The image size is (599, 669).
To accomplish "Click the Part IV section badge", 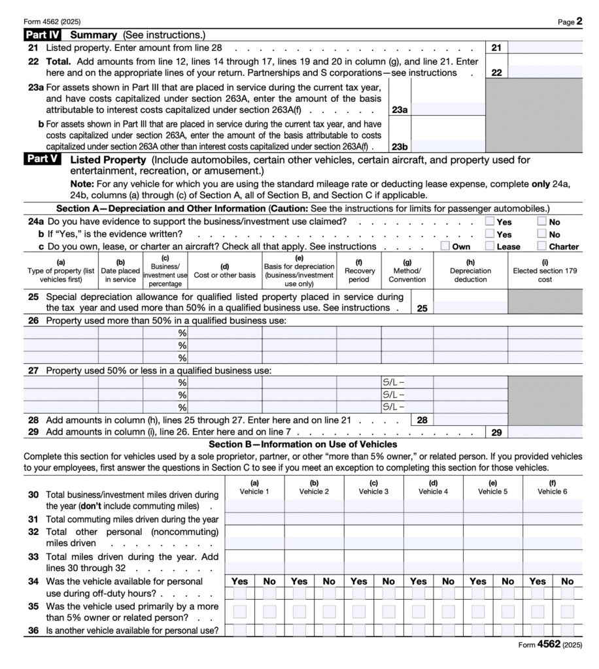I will pos(44,35).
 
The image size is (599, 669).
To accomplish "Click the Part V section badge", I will pos(43,159).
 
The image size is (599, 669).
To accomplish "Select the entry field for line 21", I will pos(545,47).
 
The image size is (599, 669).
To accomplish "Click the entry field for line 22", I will pos(545,73).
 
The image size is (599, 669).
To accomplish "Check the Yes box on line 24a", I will pos(489,221).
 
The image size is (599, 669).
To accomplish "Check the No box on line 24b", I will pos(541,234).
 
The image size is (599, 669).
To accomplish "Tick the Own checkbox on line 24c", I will pos(445,246).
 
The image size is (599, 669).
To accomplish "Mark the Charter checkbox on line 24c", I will pos(541,246).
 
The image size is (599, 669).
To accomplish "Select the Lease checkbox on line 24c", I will pos(489,246).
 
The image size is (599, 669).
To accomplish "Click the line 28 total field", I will pos(470,420).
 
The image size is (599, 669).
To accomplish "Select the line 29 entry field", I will pos(545,432).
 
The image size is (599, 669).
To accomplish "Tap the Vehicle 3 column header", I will pos(373,487).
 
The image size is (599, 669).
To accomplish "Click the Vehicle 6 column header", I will pos(552,487).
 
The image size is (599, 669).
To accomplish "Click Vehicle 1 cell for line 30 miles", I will pos(254,506).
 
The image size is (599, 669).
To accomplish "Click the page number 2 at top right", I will pos(579,21).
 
